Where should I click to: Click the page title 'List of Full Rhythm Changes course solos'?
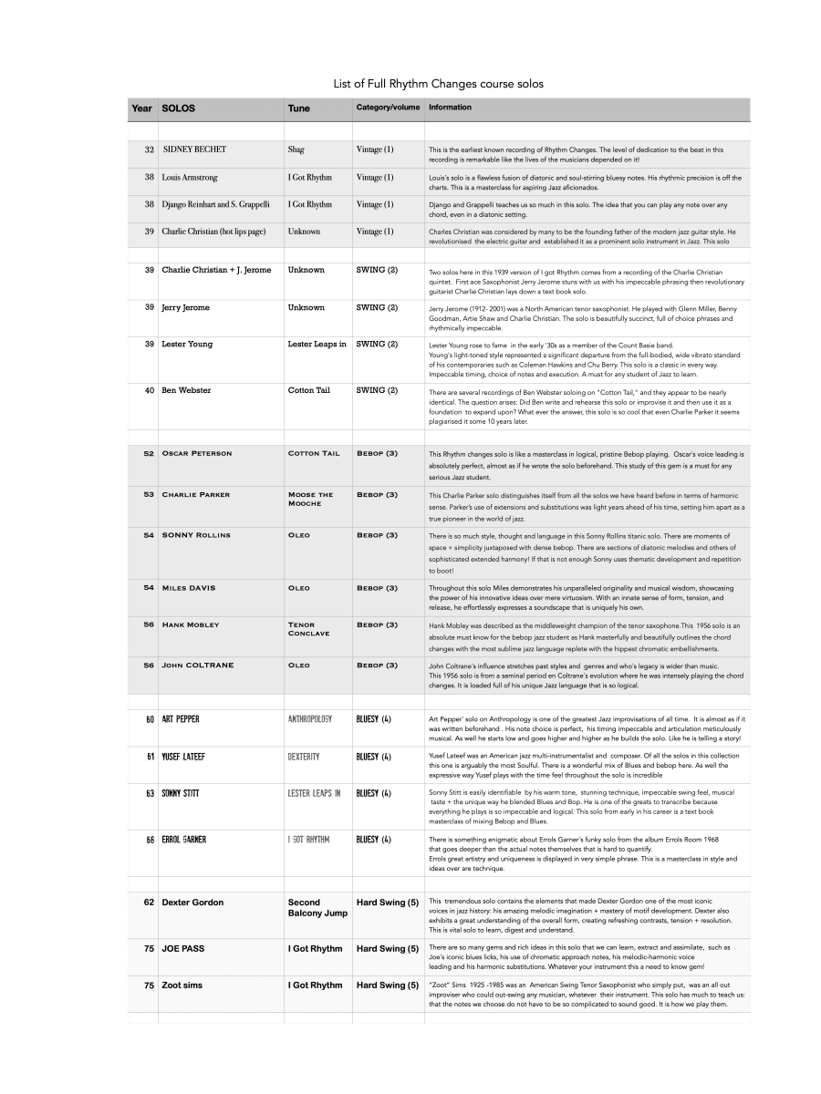438,84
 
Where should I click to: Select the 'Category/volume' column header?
388,108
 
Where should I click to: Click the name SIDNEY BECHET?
194,150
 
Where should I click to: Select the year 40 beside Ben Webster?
149,390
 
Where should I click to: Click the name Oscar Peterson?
196,453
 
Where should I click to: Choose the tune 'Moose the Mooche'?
310,499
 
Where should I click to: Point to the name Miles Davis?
188,588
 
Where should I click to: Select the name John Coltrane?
197,666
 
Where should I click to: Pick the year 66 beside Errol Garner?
149,839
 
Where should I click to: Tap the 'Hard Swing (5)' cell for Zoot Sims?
387,986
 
